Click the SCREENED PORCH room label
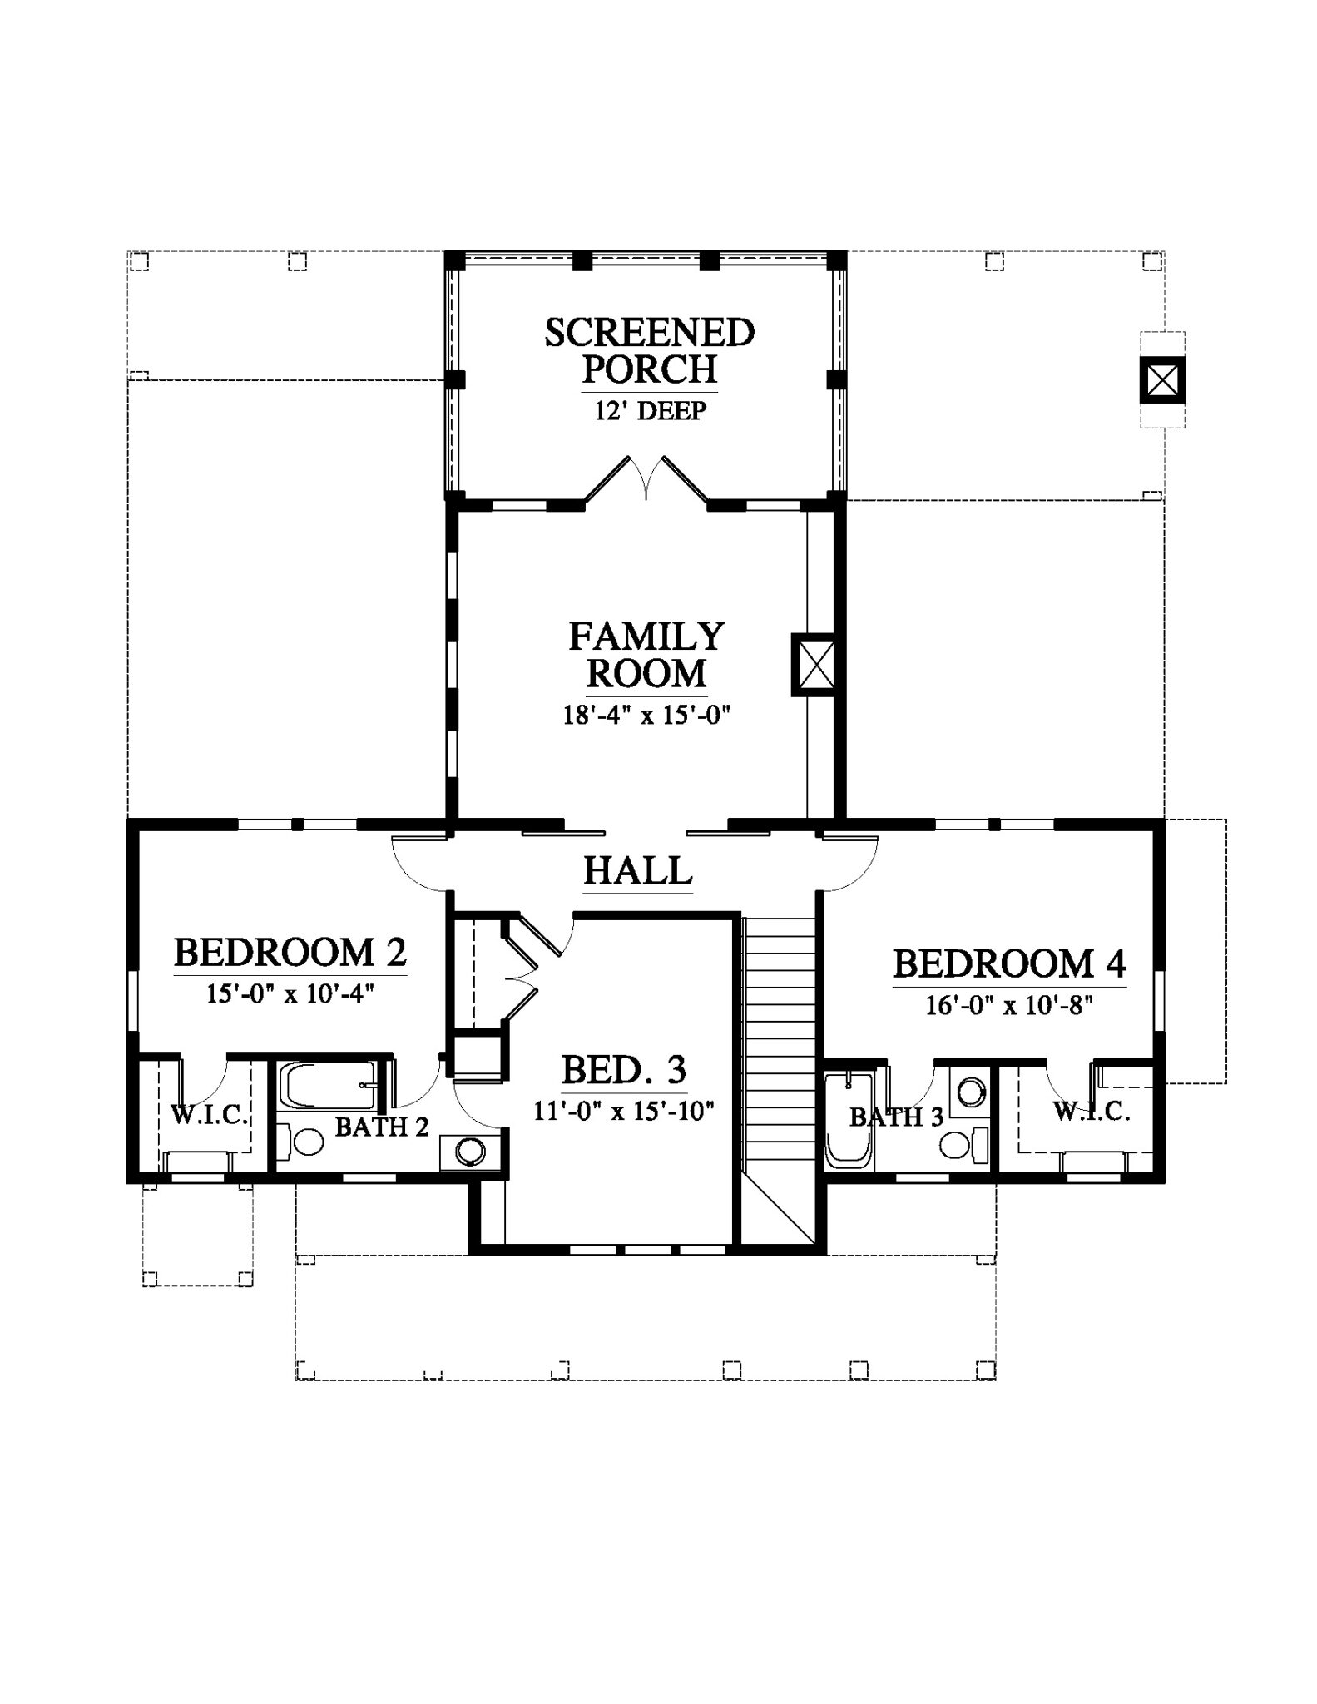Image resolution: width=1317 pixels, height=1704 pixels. [x=650, y=350]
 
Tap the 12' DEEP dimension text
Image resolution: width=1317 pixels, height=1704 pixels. [x=651, y=411]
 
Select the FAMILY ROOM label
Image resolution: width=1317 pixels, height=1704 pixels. [x=646, y=655]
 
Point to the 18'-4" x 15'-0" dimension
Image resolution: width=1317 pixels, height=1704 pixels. [x=646, y=716]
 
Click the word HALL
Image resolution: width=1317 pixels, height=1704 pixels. [x=638, y=871]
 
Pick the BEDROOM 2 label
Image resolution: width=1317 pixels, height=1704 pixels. [x=290, y=953]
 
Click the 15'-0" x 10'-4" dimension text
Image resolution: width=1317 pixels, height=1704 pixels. [x=290, y=994]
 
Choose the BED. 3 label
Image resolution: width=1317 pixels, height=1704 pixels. [x=624, y=1070]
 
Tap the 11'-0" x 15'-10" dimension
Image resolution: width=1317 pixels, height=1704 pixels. [x=624, y=1112]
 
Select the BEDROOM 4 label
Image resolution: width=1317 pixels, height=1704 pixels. [x=1009, y=964]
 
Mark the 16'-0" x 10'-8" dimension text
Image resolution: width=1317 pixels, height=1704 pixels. [x=1009, y=1006]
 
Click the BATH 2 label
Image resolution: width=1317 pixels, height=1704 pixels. [x=382, y=1127]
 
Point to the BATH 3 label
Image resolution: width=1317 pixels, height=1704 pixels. [x=896, y=1117]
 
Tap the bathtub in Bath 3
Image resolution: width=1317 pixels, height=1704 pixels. [x=849, y=1121]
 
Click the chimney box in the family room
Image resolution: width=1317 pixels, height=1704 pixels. [x=814, y=665]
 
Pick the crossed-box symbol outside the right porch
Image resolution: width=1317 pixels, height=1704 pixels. [x=1162, y=380]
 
